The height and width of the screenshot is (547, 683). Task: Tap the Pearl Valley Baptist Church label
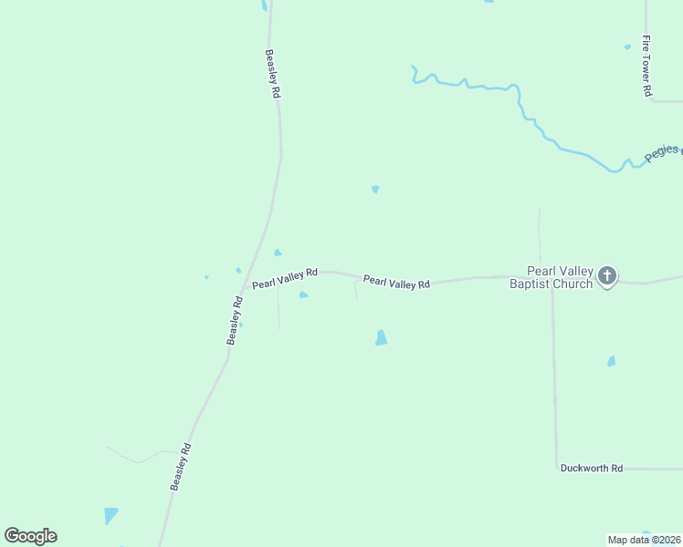pos(560,277)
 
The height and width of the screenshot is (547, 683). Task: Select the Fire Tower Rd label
pos(646,66)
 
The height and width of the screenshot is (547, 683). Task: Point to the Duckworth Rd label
pos(591,468)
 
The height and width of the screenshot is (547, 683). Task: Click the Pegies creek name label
pos(663,152)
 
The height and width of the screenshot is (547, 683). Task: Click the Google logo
pos(30,536)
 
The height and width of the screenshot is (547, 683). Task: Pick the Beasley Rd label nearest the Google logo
pos(181,466)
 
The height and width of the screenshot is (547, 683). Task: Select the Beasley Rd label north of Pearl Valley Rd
pos(272,74)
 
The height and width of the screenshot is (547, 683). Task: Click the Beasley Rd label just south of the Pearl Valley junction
pos(235,320)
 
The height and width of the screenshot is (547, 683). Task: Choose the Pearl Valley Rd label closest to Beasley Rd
pos(285,278)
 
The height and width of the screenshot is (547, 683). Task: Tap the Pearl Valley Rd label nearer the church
pos(396,283)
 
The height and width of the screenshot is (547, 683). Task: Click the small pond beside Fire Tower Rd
pos(627,46)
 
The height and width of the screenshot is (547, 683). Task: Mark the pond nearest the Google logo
pos(110,515)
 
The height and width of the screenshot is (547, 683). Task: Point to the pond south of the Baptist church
pos(611,361)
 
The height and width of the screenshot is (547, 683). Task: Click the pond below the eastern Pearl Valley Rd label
pos(381,337)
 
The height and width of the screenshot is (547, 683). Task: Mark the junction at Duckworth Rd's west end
pos(556,468)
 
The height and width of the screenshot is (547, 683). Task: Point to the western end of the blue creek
pos(413,67)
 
